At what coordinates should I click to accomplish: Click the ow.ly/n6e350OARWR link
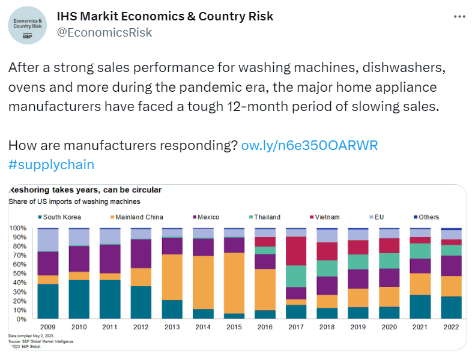point(309,146)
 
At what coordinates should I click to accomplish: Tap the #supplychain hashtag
point(52,164)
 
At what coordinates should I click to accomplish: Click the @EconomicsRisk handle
point(104,33)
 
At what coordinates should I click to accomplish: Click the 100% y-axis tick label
point(17,229)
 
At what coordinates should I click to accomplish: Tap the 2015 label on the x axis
point(234,328)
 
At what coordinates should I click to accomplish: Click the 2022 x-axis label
point(452,328)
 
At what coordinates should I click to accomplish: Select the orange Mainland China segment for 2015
point(234,283)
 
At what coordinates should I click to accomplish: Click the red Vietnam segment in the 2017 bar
point(296,251)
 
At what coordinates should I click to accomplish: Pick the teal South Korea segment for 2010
point(79,299)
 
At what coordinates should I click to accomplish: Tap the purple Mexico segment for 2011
point(110,259)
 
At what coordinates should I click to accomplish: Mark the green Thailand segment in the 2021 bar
point(420,251)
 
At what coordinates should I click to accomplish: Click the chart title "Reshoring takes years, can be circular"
point(85,190)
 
